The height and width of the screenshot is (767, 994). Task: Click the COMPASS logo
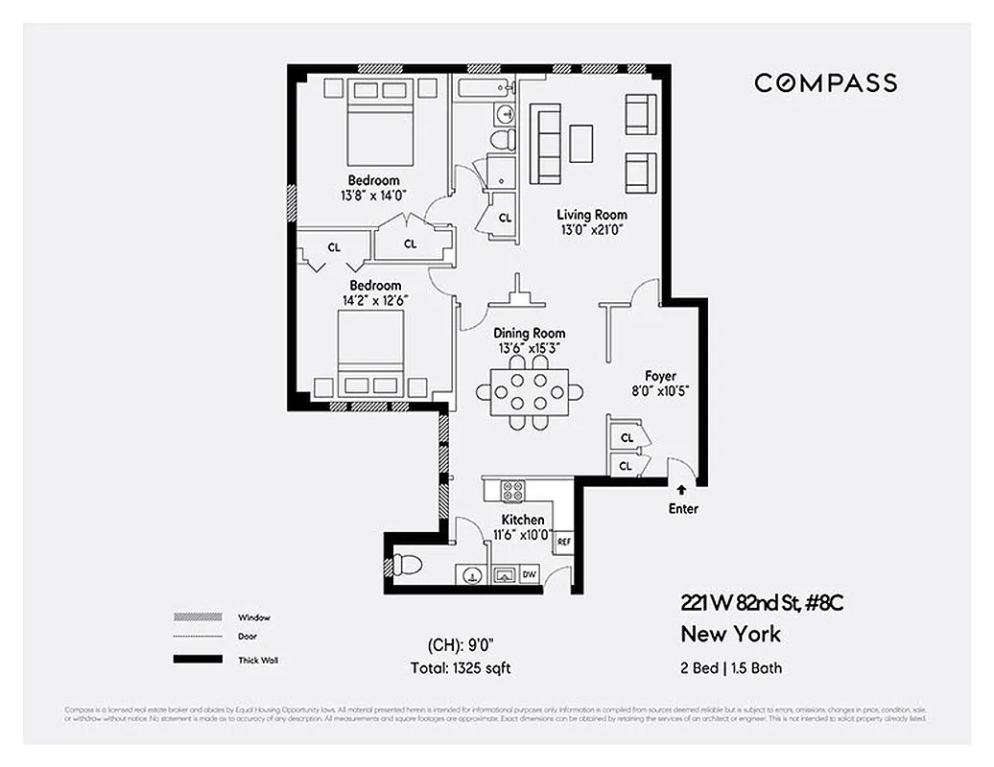[825, 82]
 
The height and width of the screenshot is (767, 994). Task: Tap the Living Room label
[592, 215]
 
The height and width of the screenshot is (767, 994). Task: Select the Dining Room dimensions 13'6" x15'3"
[531, 348]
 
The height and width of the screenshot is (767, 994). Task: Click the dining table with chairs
[530, 391]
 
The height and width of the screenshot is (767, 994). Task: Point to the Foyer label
[660, 376]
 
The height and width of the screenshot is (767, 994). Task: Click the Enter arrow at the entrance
[682, 490]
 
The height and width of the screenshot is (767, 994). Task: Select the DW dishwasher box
[529, 575]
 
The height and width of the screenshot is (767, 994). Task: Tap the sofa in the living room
[546, 144]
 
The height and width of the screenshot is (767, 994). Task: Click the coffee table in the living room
[582, 144]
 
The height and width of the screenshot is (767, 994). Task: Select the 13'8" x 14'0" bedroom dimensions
[373, 195]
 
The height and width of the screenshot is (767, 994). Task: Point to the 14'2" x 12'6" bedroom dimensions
[374, 300]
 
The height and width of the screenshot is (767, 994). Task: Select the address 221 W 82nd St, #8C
[762, 603]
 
